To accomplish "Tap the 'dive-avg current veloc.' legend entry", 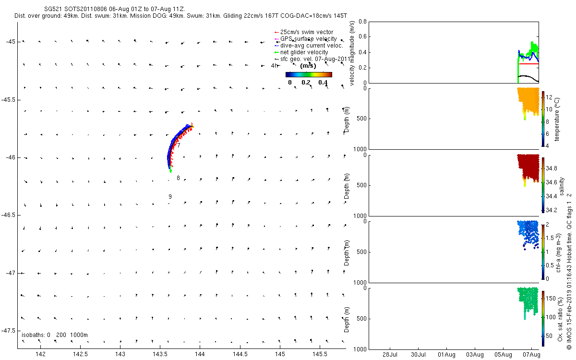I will (312, 46).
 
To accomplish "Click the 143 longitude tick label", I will (120, 354).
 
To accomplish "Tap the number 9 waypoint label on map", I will (170, 197).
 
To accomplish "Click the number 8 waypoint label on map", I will (178, 178).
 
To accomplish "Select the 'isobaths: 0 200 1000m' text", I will (55, 335).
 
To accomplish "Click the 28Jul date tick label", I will (390, 355).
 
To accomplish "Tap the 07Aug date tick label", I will (531, 355).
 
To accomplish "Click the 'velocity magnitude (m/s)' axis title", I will (352, 53).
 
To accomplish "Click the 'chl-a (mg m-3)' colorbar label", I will (558, 251).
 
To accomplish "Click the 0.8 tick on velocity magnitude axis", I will (363, 22).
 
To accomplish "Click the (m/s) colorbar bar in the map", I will (309, 74).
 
